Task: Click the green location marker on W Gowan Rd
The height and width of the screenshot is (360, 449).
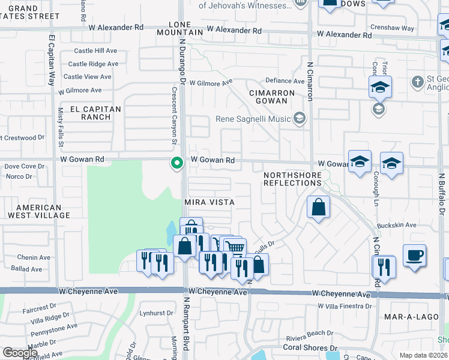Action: (176, 163)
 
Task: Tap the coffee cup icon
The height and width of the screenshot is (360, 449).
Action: (414, 255)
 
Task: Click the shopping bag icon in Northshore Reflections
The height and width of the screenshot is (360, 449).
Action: (319, 208)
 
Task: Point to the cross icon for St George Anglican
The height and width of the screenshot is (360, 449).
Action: (418, 81)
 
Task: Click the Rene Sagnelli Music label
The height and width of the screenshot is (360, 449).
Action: (253, 119)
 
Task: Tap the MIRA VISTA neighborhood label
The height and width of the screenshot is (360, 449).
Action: (209, 202)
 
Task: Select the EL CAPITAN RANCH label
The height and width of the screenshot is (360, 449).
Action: (95, 113)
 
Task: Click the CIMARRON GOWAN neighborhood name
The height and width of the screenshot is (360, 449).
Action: (272, 98)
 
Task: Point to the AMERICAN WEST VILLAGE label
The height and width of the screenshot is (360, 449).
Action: (34, 211)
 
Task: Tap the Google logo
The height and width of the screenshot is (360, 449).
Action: (20, 352)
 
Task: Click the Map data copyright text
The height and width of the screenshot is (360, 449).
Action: (423, 355)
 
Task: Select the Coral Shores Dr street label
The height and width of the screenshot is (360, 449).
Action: (310, 347)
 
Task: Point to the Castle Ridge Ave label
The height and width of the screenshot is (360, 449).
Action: (93, 64)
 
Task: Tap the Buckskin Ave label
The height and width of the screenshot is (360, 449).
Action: (402, 225)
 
